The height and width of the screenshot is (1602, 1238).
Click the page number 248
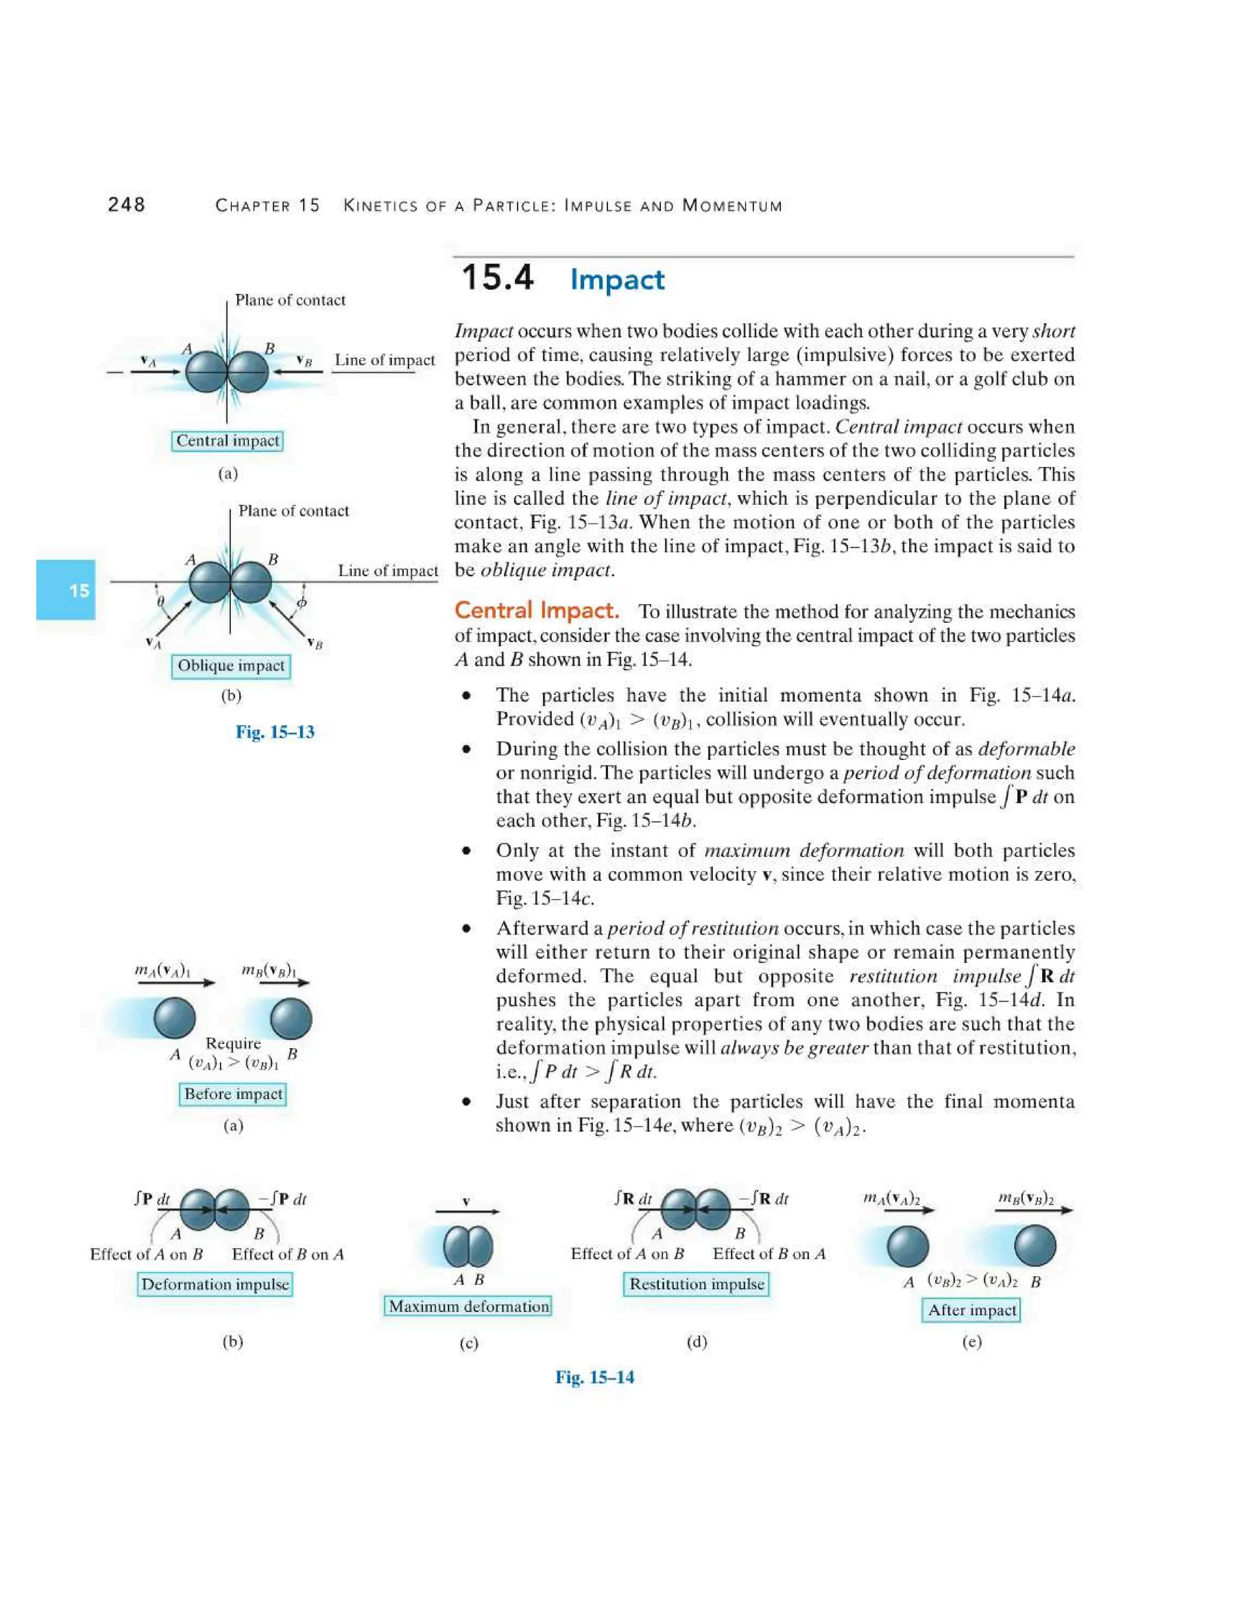126,205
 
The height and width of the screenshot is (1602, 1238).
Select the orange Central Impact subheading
536,611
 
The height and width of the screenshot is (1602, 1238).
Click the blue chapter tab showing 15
66,590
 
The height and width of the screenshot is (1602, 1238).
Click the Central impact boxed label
227,441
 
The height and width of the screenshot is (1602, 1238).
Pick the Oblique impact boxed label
231,666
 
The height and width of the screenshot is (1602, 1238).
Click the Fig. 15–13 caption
275,732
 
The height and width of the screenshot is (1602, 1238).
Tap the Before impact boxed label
233,1094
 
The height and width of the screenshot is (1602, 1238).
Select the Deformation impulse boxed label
215,1285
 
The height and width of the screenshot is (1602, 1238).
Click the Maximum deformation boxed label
468,1306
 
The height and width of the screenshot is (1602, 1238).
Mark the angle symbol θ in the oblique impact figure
161,602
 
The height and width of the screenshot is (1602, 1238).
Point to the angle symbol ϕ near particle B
302,602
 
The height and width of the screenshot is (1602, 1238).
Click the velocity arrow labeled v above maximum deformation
467,1211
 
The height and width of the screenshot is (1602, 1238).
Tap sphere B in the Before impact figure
291,1019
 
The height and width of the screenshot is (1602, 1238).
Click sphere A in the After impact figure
908,1247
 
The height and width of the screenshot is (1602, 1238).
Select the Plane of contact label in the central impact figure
290,300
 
